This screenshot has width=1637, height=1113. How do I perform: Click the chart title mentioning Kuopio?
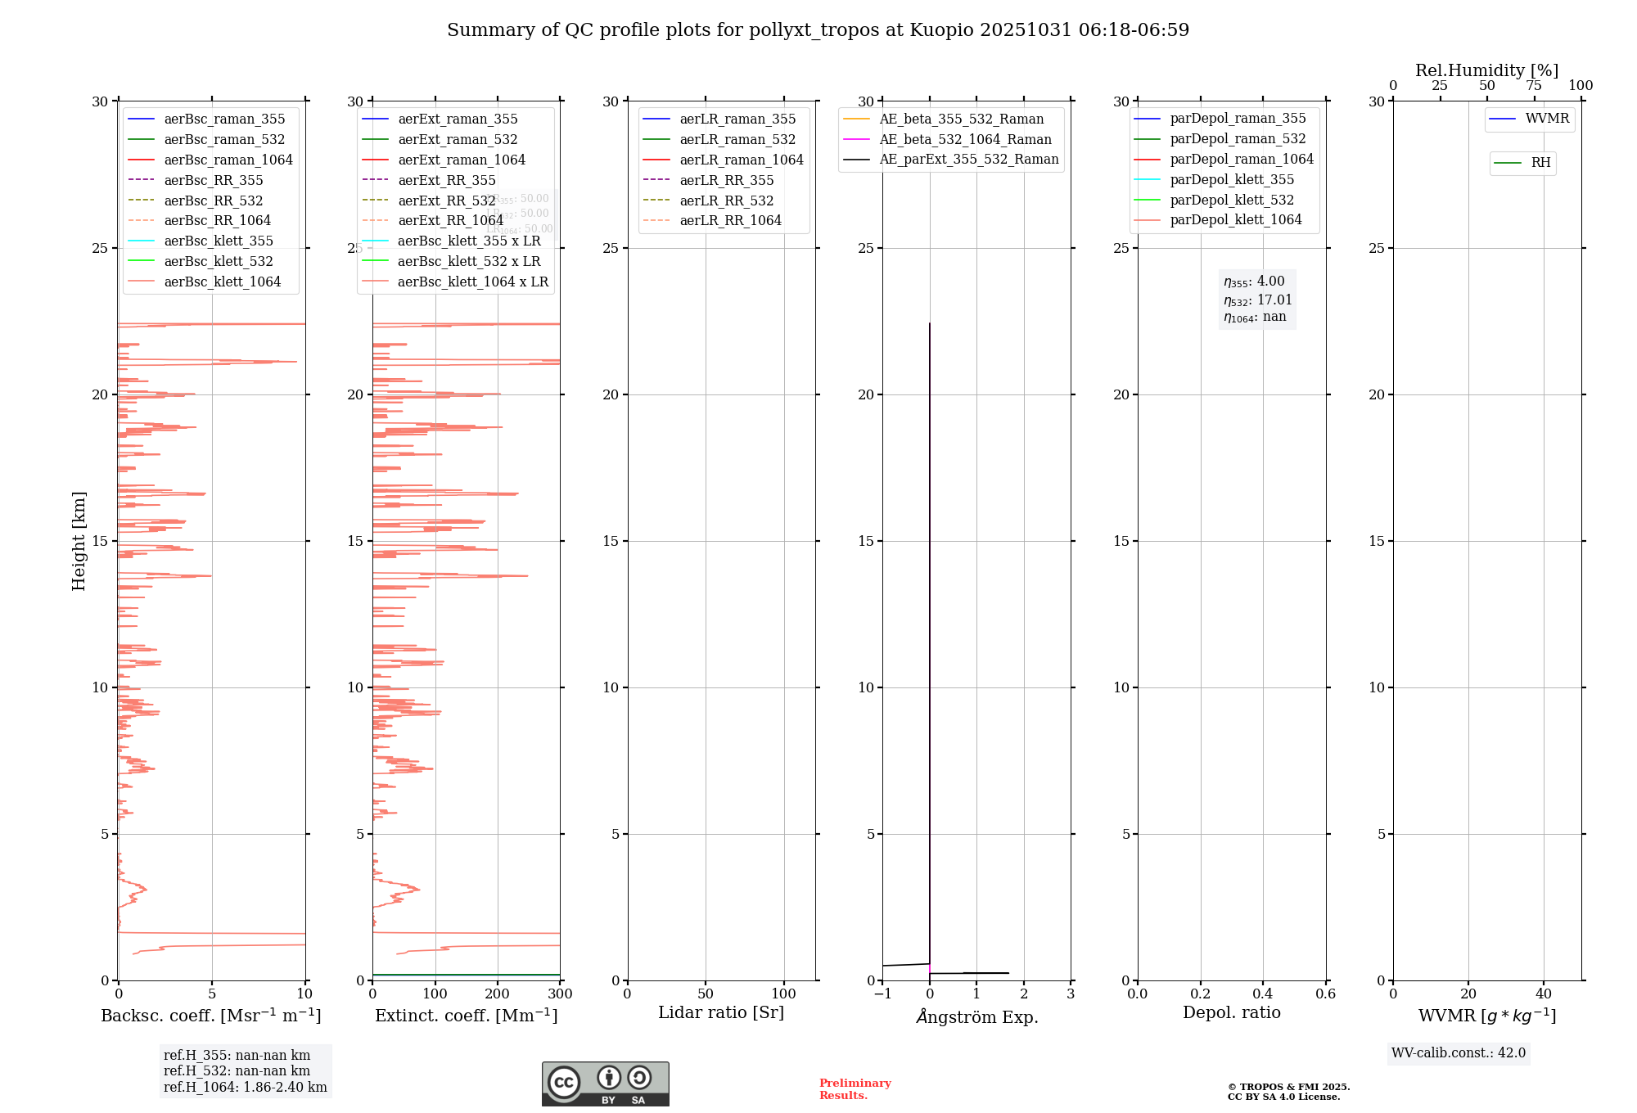[818, 30]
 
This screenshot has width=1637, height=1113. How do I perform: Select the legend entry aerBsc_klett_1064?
[222, 282]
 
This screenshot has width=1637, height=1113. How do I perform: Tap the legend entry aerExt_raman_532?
[458, 139]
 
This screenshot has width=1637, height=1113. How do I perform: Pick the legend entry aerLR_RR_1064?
[730, 220]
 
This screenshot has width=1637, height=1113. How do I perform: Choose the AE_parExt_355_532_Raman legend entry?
[968, 159]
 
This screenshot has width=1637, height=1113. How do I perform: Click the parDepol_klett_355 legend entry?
[1232, 179]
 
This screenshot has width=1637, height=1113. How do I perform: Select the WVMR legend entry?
[1547, 119]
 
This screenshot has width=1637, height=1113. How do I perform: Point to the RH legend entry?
[1540, 163]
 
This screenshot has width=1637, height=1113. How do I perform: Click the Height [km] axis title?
[79, 540]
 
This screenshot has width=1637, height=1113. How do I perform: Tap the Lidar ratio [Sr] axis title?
[721, 1012]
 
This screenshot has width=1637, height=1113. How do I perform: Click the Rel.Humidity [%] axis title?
[1486, 70]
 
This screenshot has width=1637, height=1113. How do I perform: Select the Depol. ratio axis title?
[1231, 1012]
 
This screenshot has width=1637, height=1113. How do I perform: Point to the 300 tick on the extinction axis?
[560, 994]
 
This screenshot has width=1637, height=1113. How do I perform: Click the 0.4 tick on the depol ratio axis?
[1263, 994]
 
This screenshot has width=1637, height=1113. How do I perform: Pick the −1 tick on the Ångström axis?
[882, 994]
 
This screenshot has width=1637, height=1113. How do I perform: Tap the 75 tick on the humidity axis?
[1534, 86]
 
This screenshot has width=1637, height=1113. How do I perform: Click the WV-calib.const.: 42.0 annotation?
[1459, 1052]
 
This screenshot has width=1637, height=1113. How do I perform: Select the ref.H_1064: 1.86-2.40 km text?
[245, 1087]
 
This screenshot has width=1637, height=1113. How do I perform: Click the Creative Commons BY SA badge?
[605, 1084]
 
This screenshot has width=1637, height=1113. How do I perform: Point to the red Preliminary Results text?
[855, 1088]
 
